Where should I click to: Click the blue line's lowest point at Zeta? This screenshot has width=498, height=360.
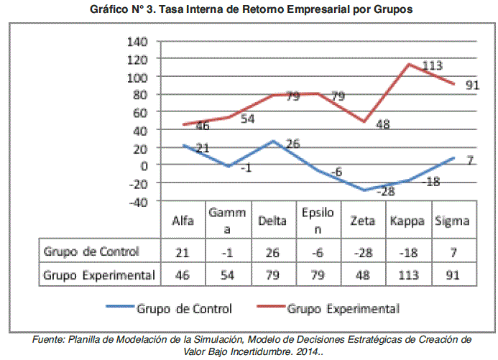click(364, 190)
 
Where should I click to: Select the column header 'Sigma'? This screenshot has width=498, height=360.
click(453, 221)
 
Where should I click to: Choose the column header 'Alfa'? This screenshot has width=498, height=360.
click(184, 221)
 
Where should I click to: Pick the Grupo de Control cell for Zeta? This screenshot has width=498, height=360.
click(363, 252)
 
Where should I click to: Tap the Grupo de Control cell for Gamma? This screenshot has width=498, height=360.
click(228, 252)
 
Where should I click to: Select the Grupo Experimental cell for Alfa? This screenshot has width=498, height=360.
click(183, 274)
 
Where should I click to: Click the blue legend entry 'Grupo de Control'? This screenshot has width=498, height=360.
click(184, 309)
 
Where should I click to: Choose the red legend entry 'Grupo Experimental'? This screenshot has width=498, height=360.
click(343, 309)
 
